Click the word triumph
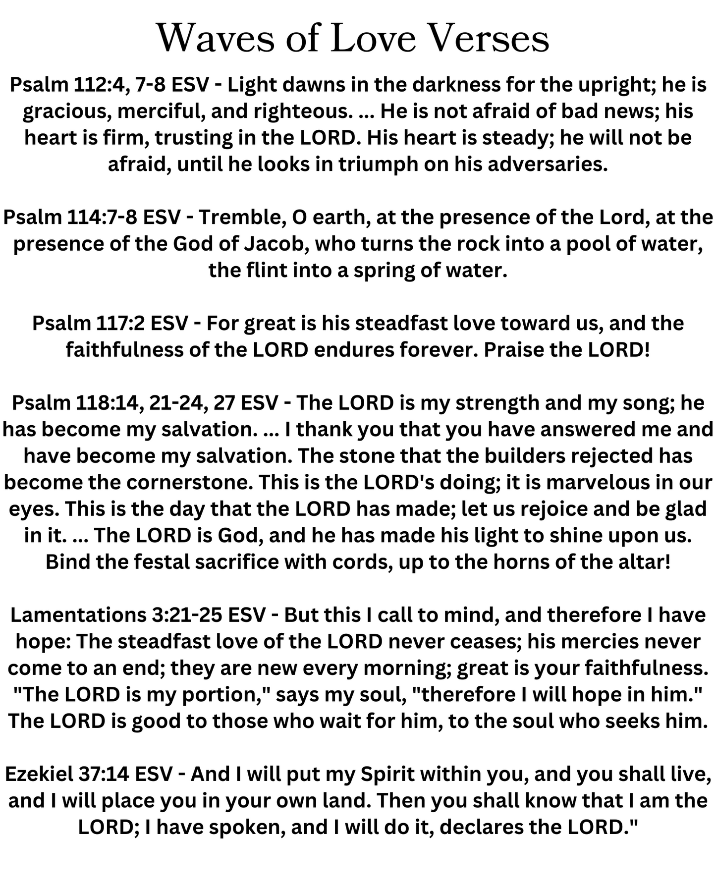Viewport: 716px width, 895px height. click(x=378, y=164)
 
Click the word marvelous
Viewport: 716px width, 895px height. click(x=604, y=482)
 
